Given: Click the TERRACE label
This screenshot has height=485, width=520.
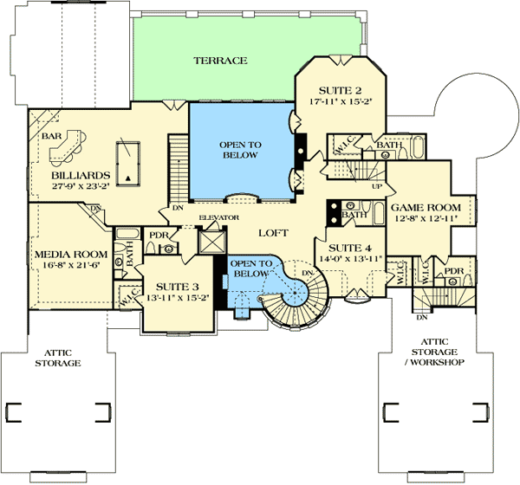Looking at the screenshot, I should (x=220, y=61).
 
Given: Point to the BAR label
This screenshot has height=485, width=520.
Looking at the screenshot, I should (x=50, y=137).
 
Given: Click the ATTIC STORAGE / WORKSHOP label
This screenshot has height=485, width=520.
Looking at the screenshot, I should (x=427, y=358).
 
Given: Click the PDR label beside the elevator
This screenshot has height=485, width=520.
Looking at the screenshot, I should (x=158, y=235).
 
